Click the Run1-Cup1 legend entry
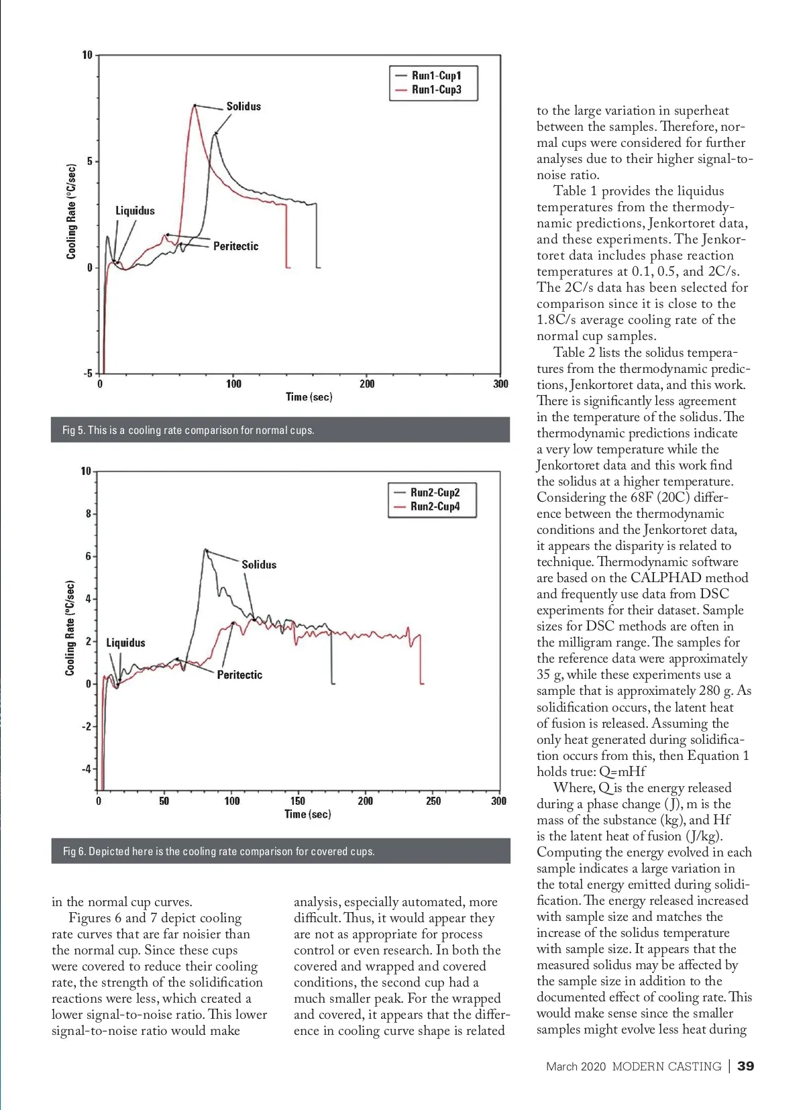point(436,76)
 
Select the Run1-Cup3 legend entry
point(436,90)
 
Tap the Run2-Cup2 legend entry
point(435,492)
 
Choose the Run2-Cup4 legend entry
point(435,506)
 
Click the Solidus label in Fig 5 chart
point(244,107)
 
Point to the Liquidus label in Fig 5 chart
point(135,211)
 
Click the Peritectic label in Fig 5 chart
point(235,246)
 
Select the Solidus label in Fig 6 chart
point(259,565)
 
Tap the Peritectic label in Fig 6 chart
point(239,675)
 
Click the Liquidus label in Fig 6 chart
point(125,643)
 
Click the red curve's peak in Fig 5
point(194,106)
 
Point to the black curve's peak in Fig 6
point(206,551)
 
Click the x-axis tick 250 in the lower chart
point(433,801)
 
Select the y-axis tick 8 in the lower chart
point(88,514)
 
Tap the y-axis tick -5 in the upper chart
point(88,374)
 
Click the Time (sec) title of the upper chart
point(309,397)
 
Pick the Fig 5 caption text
point(189,430)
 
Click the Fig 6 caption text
point(219,851)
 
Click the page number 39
point(745,1066)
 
